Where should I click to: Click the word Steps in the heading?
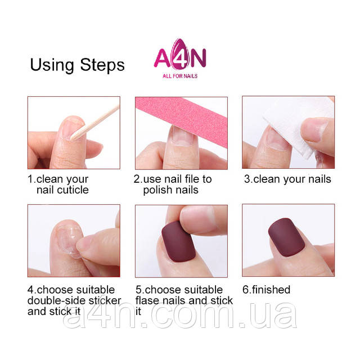102,65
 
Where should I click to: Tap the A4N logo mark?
180,54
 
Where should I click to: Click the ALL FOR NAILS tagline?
180,76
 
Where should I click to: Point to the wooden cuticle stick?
94,123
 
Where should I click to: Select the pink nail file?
181,119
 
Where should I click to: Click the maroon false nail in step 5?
178,241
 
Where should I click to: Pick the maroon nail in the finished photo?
286,237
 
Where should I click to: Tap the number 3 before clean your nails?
247,179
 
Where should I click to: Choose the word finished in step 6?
271,290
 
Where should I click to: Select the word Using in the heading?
52,66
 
